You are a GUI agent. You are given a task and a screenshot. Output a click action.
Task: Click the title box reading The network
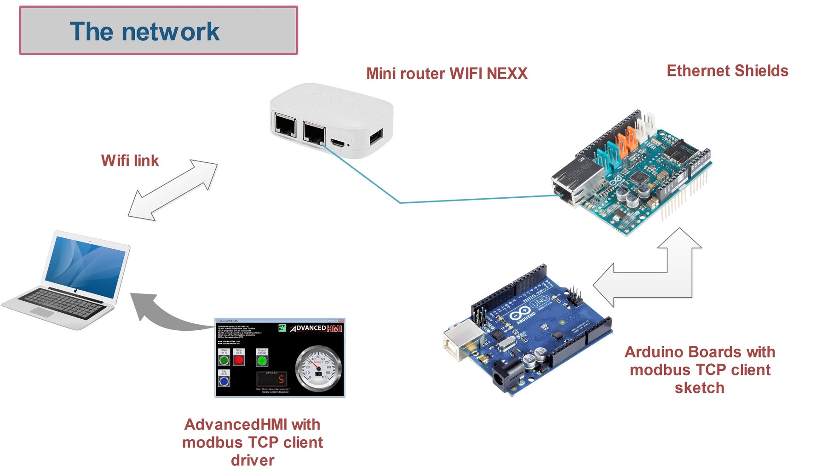click(158, 30)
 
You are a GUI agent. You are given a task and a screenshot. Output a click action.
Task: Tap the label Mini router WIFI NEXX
click(446, 74)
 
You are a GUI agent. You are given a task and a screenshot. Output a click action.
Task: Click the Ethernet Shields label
click(727, 71)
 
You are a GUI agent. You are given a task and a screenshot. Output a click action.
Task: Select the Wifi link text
click(130, 161)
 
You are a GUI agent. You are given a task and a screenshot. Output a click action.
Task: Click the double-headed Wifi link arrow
click(172, 190)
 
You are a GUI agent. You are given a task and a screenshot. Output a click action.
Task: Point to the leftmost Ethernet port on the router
click(285, 124)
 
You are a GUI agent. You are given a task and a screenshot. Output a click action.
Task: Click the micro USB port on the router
click(338, 143)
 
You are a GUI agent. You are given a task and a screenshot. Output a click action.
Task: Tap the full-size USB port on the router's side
click(376, 136)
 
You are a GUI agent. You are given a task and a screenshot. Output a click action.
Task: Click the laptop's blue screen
click(86, 267)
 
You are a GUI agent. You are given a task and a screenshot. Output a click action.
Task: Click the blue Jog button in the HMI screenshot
click(224, 381)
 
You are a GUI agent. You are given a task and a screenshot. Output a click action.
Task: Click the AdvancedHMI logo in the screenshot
click(316, 328)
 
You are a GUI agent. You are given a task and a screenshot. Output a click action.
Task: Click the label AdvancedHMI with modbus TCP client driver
click(253, 442)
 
